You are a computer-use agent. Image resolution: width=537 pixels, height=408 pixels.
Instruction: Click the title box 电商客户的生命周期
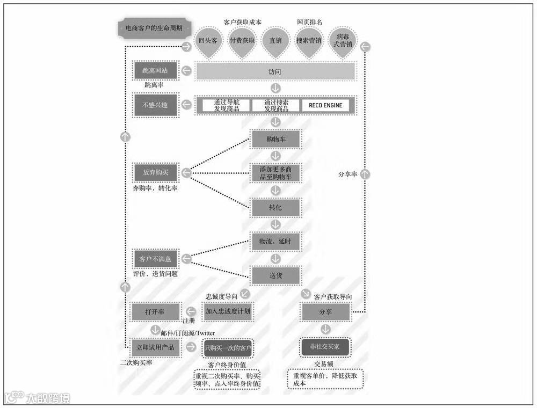point(153,28)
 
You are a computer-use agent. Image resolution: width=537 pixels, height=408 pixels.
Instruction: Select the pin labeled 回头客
point(208,40)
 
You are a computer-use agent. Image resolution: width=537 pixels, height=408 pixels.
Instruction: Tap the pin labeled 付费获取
point(242,40)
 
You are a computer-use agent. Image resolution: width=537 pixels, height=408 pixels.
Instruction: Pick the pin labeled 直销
point(275,40)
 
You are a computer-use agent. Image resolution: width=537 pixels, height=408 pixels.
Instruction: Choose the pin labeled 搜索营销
point(309,40)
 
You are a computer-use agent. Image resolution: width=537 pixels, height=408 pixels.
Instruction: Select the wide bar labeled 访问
point(275,71)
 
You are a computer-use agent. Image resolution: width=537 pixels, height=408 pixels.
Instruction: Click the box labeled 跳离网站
point(155,71)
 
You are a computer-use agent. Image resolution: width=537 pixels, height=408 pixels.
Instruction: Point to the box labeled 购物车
point(275,139)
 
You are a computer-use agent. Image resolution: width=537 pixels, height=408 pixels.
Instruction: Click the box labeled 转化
point(275,207)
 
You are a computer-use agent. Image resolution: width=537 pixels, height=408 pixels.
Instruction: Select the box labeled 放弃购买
point(155,173)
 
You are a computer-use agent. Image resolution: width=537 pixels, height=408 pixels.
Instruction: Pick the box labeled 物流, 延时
point(275,242)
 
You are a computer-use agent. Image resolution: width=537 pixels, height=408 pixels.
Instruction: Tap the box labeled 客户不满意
point(155,259)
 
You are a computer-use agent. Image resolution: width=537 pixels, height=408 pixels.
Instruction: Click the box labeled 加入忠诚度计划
point(228,311)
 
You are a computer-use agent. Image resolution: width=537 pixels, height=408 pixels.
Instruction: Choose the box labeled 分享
point(325,311)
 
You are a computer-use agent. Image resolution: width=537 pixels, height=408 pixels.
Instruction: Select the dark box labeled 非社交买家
point(325,347)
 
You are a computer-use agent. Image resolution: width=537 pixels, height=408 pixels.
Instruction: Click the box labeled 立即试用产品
point(155,347)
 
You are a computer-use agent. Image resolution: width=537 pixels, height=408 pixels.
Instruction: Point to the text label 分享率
point(348,174)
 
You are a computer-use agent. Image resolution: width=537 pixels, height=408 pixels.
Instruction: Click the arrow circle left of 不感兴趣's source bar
point(186,105)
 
